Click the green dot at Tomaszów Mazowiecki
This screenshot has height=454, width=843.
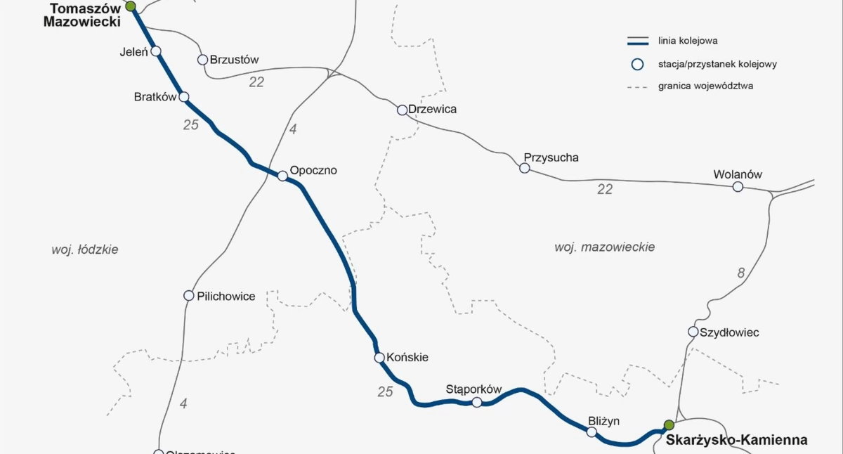(x=131, y=6)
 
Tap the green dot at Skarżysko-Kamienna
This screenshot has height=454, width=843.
(x=669, y=424)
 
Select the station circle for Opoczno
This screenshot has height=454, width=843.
(x=282, y=176)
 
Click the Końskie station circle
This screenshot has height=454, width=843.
(x=380, y=358)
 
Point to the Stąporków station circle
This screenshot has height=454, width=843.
(x=477, y=402)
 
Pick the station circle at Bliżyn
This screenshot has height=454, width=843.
(x=592, y=432)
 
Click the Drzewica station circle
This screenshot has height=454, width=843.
(x=402, y=110)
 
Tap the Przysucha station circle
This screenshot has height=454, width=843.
(x=524, y=168)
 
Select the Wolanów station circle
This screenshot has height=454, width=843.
(x=738, y=186)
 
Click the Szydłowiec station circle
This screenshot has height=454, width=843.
(x=693, y=332)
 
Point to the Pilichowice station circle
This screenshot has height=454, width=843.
(x=188, y=295)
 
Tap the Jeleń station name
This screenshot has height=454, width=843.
(x=132, y=51)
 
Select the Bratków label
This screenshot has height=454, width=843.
(x=155, y=97)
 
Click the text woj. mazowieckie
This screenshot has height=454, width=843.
(x=604, y=247)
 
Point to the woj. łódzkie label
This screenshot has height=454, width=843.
(x=85, y=249)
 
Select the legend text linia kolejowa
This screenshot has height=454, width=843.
(x=688, y=41)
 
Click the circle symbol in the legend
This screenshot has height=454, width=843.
(x=637, y=65)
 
